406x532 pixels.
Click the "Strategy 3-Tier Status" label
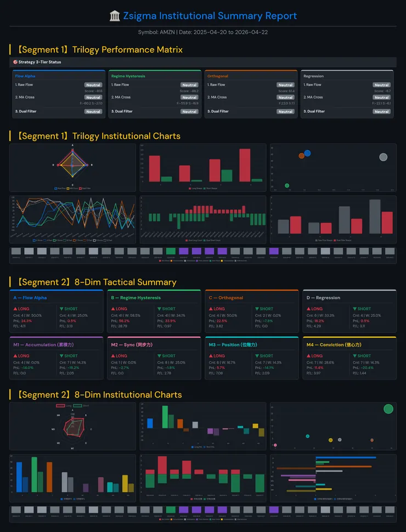(x=40, y=62)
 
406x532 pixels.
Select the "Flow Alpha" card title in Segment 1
(x=25, y=76)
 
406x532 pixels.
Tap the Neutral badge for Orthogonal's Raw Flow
(x=285, y=85)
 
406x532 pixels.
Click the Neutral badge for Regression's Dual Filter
(x=381, y=111)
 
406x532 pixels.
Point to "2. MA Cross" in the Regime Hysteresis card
(x=121, y=97)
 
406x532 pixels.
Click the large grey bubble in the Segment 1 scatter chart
(x=383, y=157)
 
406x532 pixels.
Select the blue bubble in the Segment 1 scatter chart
(x=307, y=153)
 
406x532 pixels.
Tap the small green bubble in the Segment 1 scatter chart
(x=287, y=186)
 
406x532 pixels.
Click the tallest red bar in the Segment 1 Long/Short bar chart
(x=245, y=165)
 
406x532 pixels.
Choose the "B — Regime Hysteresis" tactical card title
(x=136, y=298)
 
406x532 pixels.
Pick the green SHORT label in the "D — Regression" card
(x=364, y=309)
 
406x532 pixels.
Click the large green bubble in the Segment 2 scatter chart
(x=388, y=409)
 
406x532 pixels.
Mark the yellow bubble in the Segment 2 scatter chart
(x=330, y=440)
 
